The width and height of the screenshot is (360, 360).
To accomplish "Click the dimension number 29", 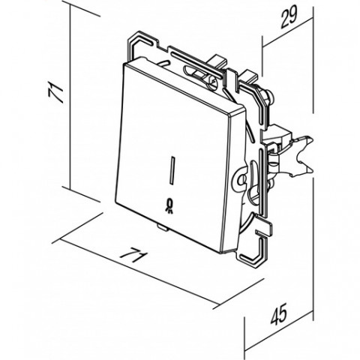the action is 289,16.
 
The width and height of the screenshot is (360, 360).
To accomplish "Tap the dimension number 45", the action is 279,315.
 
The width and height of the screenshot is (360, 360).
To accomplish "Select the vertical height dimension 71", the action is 55,93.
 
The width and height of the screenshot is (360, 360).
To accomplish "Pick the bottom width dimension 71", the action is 133,255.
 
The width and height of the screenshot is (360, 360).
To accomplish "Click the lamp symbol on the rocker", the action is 169,206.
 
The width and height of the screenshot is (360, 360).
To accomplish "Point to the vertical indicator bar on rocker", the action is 172,171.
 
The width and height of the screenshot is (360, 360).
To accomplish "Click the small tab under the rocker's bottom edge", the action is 162,227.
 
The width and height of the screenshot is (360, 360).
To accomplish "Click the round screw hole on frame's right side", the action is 241,179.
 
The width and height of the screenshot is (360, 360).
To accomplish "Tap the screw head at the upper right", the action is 269,95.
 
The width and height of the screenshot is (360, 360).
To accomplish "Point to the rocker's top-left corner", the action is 124,64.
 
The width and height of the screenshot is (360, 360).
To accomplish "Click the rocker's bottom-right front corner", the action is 221,252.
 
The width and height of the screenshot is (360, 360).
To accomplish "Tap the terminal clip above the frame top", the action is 218,61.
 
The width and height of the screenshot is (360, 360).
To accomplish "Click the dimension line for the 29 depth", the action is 288,32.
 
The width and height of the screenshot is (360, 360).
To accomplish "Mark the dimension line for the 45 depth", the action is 279,331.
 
